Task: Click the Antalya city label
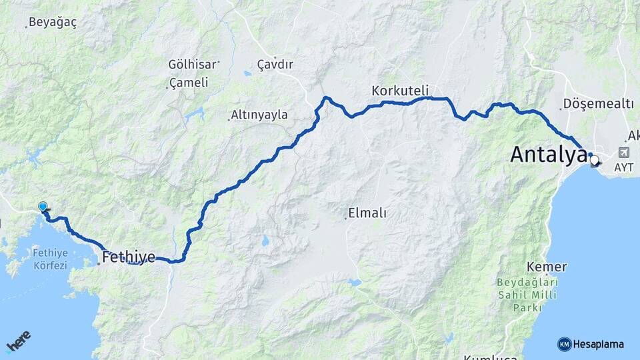coord(548,155)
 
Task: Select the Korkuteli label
coord(400,90)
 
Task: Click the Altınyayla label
coord(259,115)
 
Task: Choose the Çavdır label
coord(275,65)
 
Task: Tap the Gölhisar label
coord(193,65)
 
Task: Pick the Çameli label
coord(189,83)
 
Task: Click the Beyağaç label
coord(52,23)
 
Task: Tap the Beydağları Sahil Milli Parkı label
coord(527,295)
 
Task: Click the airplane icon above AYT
coord(623,153)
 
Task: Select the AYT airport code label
coord(623,167)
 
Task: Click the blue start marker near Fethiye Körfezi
coord(43,207)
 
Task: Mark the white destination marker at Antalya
coord(594,160)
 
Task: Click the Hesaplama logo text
coord(598,344)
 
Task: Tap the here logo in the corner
coord(18,341)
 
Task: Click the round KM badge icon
coord(564,344)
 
